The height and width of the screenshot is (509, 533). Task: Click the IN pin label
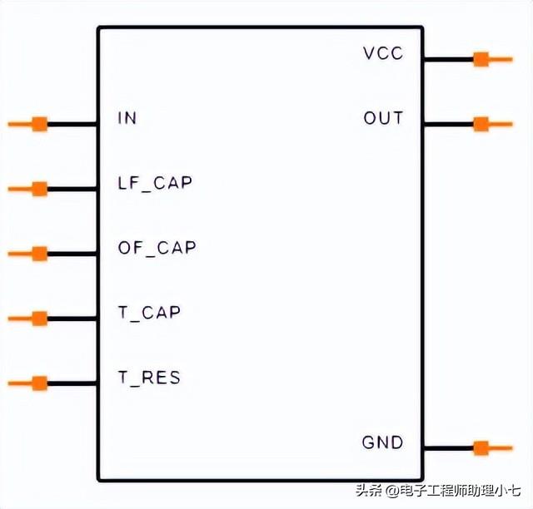pyautogui.click(x=127, y=118)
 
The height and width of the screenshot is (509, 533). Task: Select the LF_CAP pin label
pyautogui.click(x=155, y=183)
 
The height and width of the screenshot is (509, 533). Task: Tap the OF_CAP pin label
pyautogui.click(x=157, y=248)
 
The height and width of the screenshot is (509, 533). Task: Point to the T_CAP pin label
pyautogui.click(x=149, y=313)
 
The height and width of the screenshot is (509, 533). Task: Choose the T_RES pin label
pyautogui.click(x=149, y=378)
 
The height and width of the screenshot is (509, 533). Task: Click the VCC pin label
pyautogui.click(x=383, y=53)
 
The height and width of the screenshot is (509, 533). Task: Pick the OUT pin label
pyautogui.click(x=383, y=118)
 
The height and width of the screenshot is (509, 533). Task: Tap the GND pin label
pyautogui.click(x=382, y=442)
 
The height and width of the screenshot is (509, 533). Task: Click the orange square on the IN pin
pyautogui.click(x=39, y=125)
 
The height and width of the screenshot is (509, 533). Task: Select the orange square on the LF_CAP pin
pyautogui.click(x=39, y=189)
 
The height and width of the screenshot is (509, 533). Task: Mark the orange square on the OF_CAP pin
pyautogui.click(x=39, y=254)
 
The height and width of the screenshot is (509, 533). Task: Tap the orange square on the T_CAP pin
pyautogui.click(x=39, y=319)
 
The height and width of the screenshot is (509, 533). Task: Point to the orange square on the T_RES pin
pyautogui.click(x=39, y=383)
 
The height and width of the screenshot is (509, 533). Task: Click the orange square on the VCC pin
pyautogui.click(x=481, y=59)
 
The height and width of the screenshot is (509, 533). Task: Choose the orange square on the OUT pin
pyautogui.click(x=481, y=125)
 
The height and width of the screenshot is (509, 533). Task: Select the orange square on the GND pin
pyautogui.click(x=481, y=448)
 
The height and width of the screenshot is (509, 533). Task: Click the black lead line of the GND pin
pyautogui.click(x=448, y=448)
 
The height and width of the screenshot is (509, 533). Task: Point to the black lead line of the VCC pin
pyautogui.click(x=448, y=59)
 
